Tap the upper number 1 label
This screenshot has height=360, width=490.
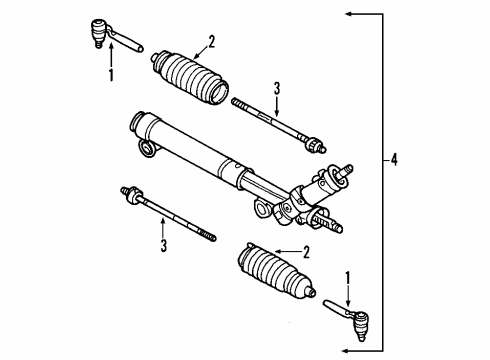click(111, 74)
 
